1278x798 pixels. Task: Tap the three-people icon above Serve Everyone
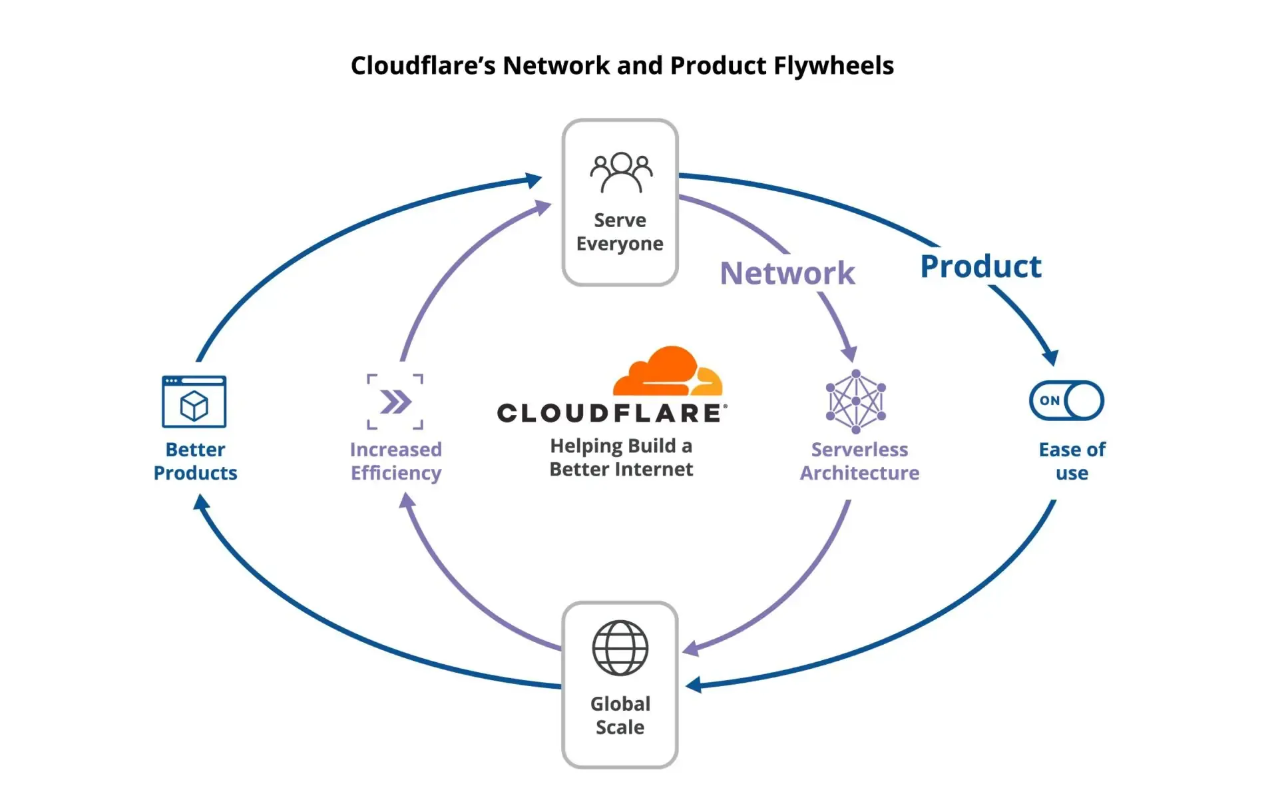click(621, 173)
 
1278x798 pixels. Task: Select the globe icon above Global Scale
click(620, 647)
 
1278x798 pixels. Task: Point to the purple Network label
click(787, 273)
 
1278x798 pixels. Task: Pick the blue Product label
click(980, 266)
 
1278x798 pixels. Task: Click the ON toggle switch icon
click(1066, 400)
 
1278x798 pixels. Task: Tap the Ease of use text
click(1072, 461)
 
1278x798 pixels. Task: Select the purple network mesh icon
click(856, 402)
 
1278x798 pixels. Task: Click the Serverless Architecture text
click(859, 461)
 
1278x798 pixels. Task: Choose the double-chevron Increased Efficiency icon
click(395, 402)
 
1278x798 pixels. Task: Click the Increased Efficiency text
click(396, 461)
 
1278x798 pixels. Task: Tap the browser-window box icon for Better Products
click(194, 402)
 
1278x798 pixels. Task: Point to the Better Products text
click(195, 461)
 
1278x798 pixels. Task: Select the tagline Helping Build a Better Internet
click(621, 458)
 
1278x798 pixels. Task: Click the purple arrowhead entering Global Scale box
click(691, 648)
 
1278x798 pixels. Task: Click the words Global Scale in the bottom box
click(620, 715)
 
